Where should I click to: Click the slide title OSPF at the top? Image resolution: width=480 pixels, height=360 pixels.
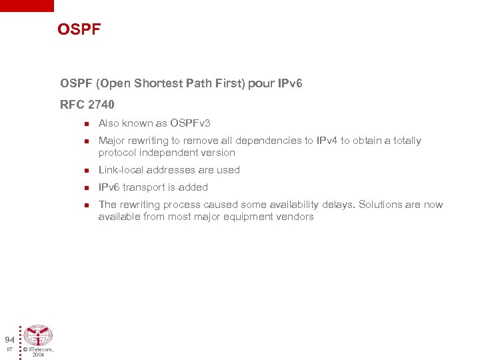79,29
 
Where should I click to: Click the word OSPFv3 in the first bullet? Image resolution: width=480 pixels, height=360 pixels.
190,123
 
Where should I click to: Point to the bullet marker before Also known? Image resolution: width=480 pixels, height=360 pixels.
86,124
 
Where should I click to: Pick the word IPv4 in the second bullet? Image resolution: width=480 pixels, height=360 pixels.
327,141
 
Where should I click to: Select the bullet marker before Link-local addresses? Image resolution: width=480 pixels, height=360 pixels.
86,171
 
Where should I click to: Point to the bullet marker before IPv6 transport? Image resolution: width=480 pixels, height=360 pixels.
86,188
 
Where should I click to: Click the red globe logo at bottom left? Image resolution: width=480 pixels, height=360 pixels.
38,335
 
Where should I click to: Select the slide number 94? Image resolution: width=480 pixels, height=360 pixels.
9,339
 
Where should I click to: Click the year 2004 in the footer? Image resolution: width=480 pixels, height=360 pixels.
38,355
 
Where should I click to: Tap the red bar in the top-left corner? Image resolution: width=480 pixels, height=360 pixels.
27,5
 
